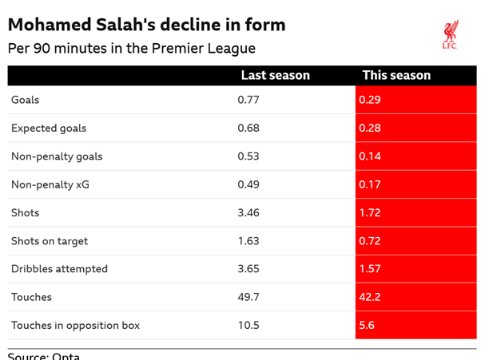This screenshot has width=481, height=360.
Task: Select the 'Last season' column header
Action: pos(275,75)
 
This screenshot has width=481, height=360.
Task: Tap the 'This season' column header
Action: pos(396,75)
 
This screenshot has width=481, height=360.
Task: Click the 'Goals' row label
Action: pos(25,100)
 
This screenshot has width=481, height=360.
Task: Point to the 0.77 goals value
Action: pos(248,100)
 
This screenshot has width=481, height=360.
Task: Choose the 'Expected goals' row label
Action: pos(48,128)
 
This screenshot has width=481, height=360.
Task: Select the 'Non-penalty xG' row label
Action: pos(50,184)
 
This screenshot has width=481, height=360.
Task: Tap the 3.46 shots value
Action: pos(248,212)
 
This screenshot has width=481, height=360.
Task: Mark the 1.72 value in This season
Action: pos(370,212)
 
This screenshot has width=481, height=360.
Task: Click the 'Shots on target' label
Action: pos(49,241)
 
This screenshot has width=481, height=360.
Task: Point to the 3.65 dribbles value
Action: pos(248,269)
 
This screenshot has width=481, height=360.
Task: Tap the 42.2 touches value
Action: pos(370,297)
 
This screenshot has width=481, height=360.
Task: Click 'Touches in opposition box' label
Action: pos(75,325)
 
